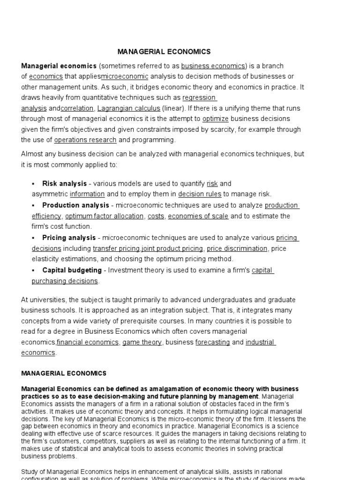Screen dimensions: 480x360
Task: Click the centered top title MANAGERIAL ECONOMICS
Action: (164, 52)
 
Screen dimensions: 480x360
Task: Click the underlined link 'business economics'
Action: (213, 66)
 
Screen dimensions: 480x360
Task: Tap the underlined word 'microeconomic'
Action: (125, 76)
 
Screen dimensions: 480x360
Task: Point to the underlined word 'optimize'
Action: (216, 119)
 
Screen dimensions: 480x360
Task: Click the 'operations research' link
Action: (85, 140)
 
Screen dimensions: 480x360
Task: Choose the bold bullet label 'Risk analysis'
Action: (65, 184)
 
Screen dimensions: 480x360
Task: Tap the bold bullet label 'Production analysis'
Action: (75, 205)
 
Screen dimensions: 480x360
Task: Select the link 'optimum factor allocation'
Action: (105, 216)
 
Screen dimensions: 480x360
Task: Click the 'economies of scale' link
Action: (198, 216)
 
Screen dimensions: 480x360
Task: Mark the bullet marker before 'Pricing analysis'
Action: (33, 238)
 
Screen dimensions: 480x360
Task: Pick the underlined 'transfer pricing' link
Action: (116, 248)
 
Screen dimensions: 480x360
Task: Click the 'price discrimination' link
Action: (237, 248)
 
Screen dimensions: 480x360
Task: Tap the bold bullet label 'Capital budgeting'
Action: (72, 270)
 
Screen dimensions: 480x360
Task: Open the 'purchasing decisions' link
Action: (65, 281)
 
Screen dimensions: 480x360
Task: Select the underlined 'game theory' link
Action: (142, 343)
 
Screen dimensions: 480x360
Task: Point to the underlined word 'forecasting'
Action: (212, 343)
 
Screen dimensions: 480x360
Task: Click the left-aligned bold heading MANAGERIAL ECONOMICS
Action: (64, 374)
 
